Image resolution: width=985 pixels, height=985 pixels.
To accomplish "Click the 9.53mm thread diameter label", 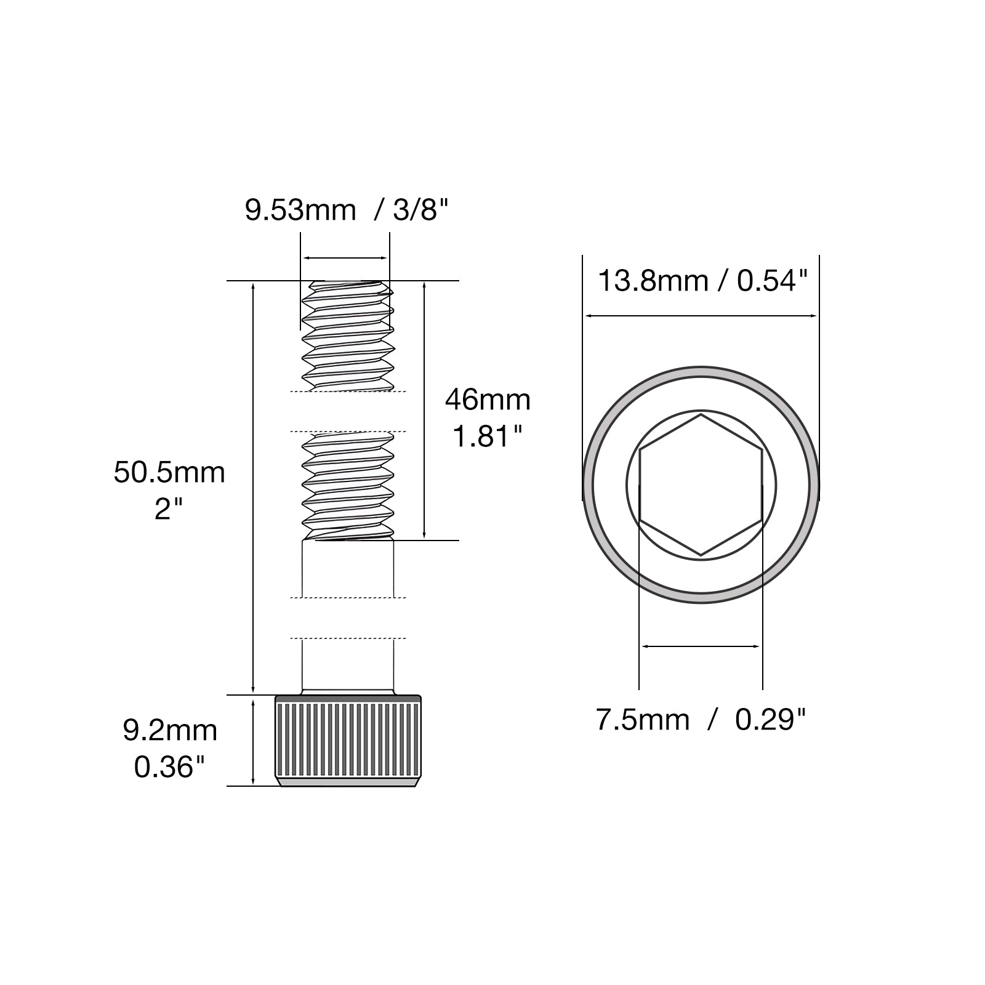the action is coord(300,210).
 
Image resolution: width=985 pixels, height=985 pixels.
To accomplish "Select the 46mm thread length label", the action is coord(488,400).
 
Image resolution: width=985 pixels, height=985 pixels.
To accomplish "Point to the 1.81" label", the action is coord(488,436).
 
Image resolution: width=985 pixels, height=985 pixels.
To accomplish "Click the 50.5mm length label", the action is coord(169,473).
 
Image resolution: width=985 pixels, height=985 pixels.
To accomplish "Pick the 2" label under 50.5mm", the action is coord(169,509).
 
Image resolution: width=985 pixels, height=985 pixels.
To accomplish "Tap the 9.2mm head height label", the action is coord(170,731).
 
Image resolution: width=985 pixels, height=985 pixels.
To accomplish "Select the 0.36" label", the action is coord(169,767).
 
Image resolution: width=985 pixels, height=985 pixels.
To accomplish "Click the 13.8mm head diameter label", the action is coord(653,281).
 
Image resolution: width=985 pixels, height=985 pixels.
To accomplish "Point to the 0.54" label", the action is coord(772,281).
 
